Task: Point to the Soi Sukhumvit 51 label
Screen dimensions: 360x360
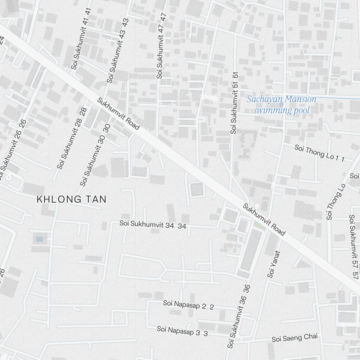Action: (234, 103)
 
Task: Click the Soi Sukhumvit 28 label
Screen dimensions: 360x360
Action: (72, 138)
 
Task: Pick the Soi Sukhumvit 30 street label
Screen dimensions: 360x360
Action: (95, 155)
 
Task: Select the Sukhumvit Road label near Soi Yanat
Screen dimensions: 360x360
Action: (264, 220)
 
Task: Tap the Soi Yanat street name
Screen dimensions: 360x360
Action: (274, 264)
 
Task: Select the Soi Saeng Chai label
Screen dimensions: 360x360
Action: (295, 338)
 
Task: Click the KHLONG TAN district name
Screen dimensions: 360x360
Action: (72, 199)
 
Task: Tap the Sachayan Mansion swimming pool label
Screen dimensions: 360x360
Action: (281, 105)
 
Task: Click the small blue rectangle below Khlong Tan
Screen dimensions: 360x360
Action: (39, 239)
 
